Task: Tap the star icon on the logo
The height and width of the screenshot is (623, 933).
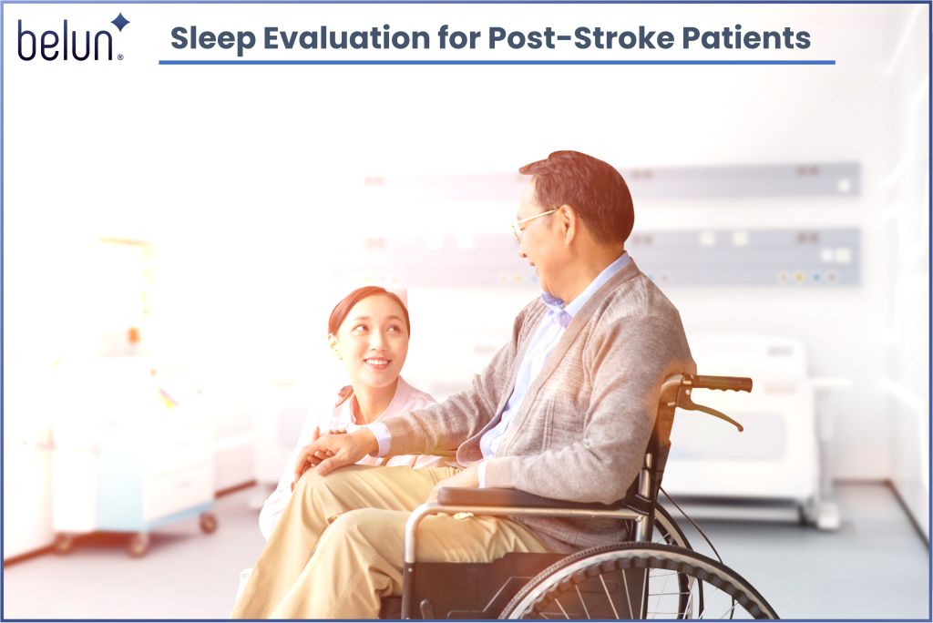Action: (119, 22)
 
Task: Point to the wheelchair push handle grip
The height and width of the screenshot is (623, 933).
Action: (723, 383)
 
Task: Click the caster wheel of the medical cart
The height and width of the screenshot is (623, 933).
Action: (209, 523)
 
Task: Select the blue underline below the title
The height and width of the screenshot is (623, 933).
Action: (497, 63)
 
